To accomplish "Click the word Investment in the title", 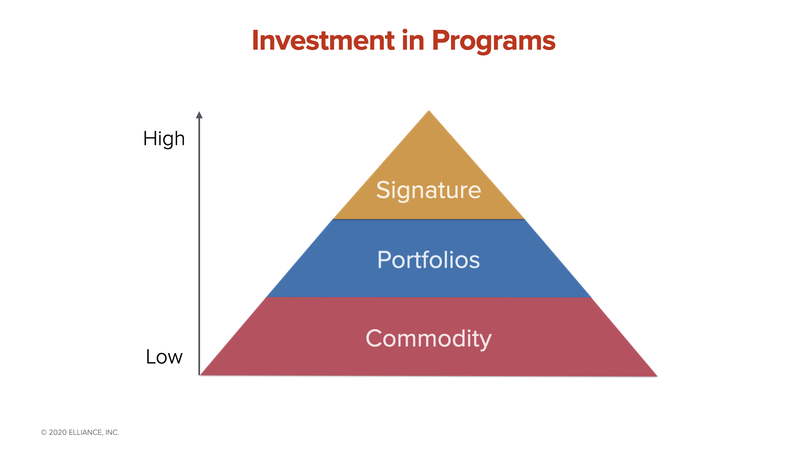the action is pyautogui.click(x=323, y=40).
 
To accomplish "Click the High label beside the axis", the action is pyautogui.click(x=164, y=139).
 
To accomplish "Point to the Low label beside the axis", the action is pyautogui.click(x=164, y=357).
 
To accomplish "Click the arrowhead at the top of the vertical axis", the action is pyautogui.click(x=199, y=115).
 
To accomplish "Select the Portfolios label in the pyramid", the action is pyautogui.click(x=428, y=259).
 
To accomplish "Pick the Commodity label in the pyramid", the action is pyautogui.click(x=428, y=339).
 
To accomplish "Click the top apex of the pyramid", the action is pyautogui.click(x=429, y=111).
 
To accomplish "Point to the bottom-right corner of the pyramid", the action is pyautogui.click(x=657, y=376).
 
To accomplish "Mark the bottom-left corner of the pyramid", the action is pyautogui.click(x=201, y=375).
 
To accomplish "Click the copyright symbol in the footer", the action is pyautogui.click(x=44, y=433).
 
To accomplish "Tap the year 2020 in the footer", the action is pyautogui.click(x=58, y=433).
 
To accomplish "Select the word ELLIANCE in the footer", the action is pyautogui.click(x=86, y=433).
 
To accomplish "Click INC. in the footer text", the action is pyautogui.click(x=112, y=433).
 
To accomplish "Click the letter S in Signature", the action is pyautogui.click(x=383, y=190).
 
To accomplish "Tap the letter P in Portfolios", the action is pyautogui.click(x=384, y=259).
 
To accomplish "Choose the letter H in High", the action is pyautogui.click(x=150, y=138).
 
